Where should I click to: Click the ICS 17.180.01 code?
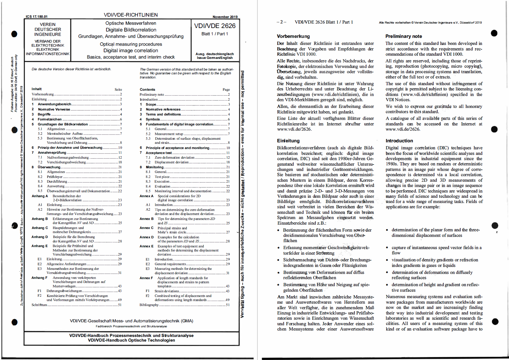pos(36,17)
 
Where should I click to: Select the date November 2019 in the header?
pos(225,17)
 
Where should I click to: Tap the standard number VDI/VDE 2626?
pos(215,26)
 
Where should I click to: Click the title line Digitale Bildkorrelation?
pos(131,30)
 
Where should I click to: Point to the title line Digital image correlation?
pos(131,50)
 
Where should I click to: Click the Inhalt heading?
pos(37,89)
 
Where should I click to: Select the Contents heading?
pos(147,90)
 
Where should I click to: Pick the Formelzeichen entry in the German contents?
pos(50,119)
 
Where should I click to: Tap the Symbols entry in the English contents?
pos(153,119)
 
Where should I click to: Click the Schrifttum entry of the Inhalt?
pos(39,305)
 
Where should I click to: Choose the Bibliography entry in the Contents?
pos(149,305)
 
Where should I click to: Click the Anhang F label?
pos(39,278)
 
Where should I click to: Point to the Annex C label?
pos(146,228)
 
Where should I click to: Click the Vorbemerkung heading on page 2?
pos(293,36)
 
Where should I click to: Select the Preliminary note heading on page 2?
pos(403,36)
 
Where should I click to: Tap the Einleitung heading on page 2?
pos(288,141)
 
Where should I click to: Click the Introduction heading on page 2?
pos(399,141)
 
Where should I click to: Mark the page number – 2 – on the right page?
pos(281,22)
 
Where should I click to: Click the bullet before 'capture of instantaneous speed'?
pos(387,248)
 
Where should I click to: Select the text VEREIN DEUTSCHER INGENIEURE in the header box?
pos(48,29)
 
